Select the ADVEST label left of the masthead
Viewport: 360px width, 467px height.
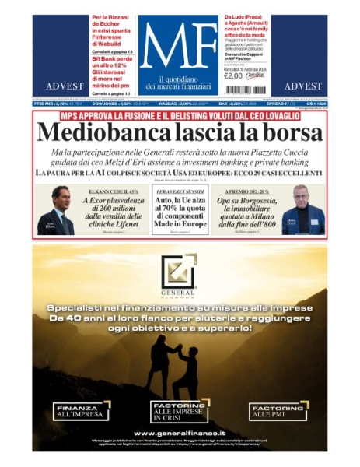coord(61,86)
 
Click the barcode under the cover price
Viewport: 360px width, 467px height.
coord(253,75)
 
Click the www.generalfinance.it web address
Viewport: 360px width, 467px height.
coord(180,433)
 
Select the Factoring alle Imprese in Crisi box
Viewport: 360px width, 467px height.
coord(179,411)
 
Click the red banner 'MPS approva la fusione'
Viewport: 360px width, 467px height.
coord(179,116)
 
